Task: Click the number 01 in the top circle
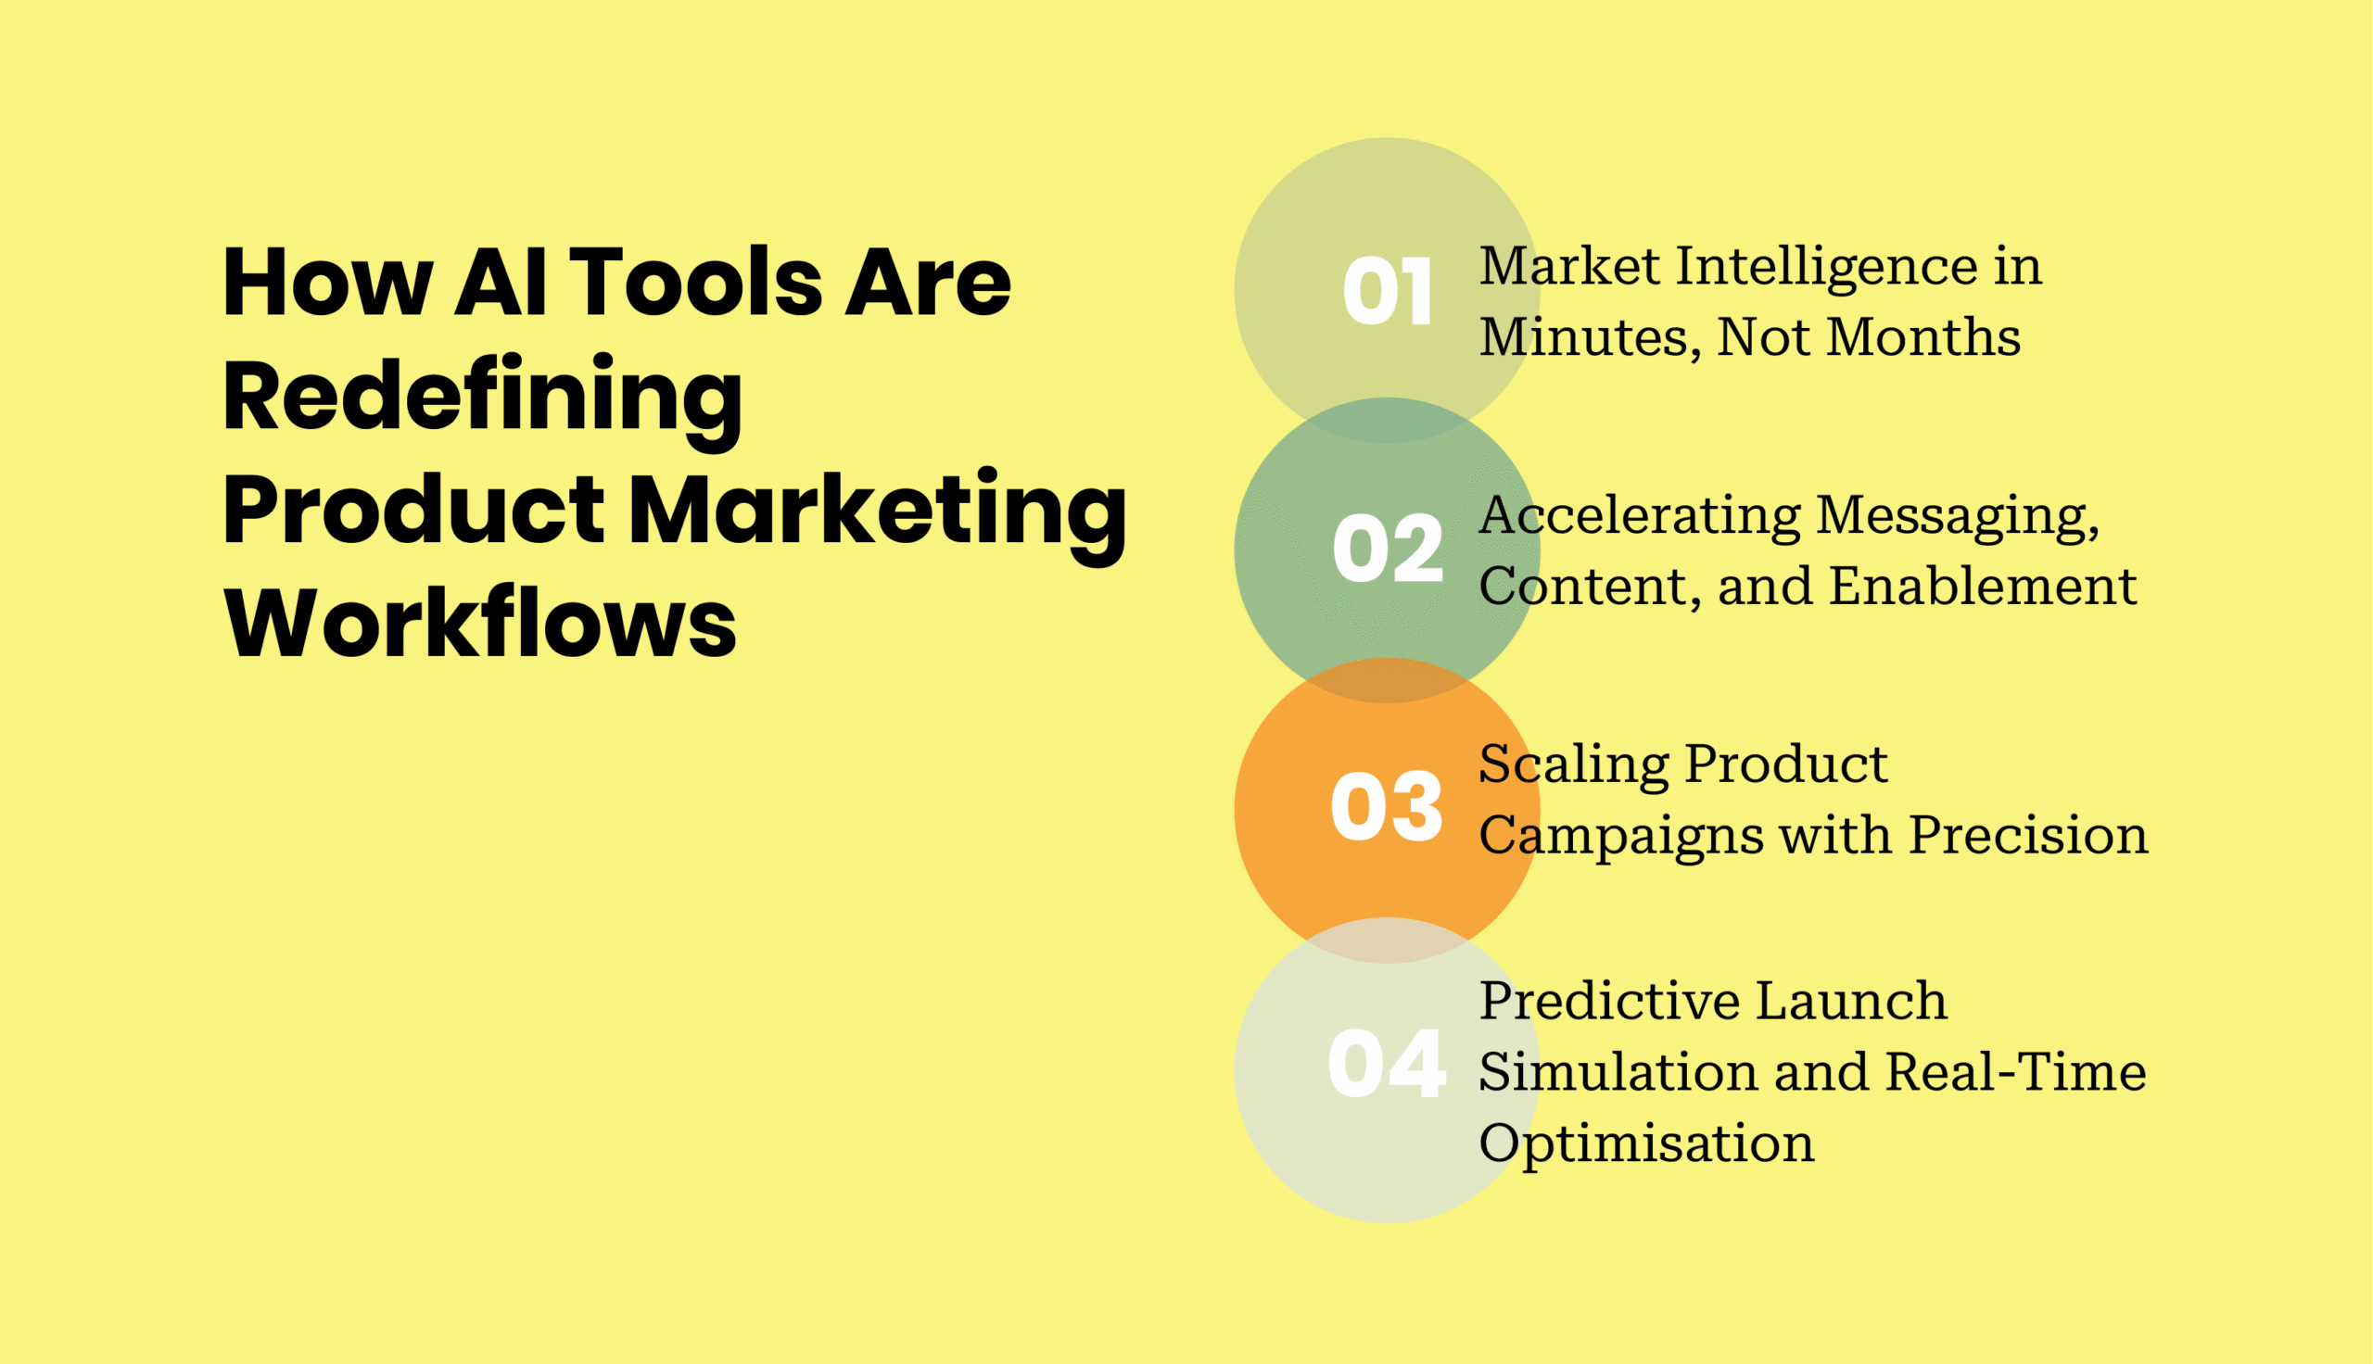pos(1387,291)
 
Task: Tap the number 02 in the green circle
pos(1388,549)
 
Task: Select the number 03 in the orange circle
pos(1387,806)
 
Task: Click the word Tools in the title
pos(695,282)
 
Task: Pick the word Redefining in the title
pos(482,397)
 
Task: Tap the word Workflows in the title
pos(479,623)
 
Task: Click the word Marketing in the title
pos(877,511)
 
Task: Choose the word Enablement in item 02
pos(1983,587)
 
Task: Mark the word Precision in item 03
pos(2028,835)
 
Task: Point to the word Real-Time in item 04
pos(2015,1072)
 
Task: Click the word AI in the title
pos(501,282)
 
